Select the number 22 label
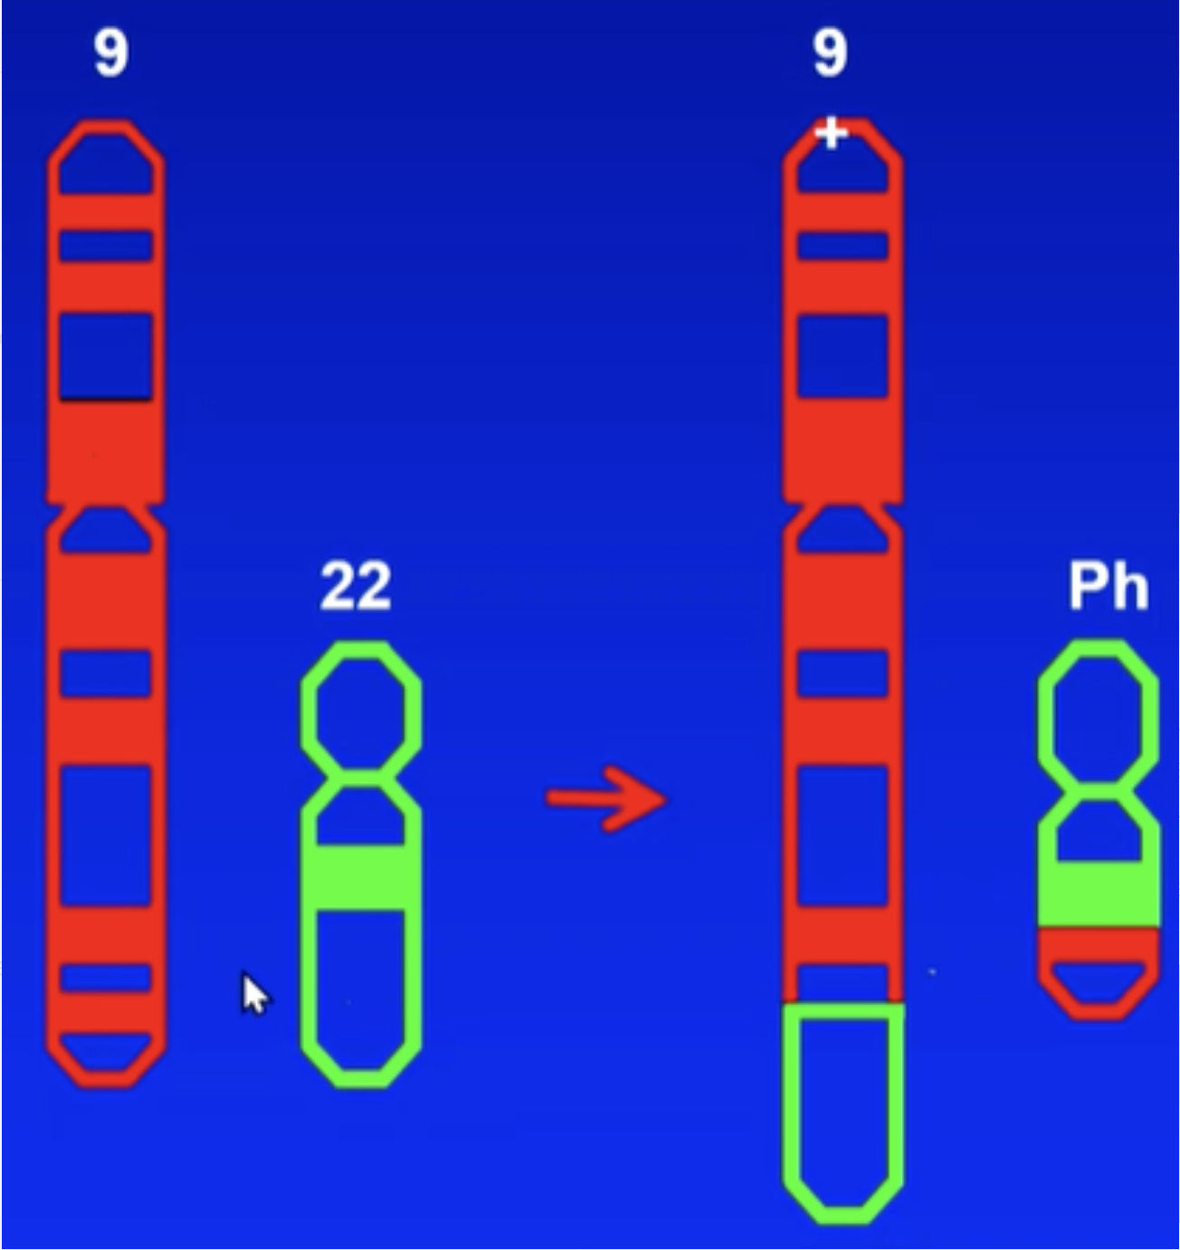[x=356, y=586]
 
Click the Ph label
[x=1108, y=586]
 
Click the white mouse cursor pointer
[x=254, y=994]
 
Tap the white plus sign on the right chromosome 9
[x=831, y=134]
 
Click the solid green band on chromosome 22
[x=360, y=877]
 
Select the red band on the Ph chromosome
[x=1099, y=943]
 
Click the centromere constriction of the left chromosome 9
[x=106, y=506]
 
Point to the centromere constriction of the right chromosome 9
[x=842, y=506]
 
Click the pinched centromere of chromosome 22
[x=360, y=776]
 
